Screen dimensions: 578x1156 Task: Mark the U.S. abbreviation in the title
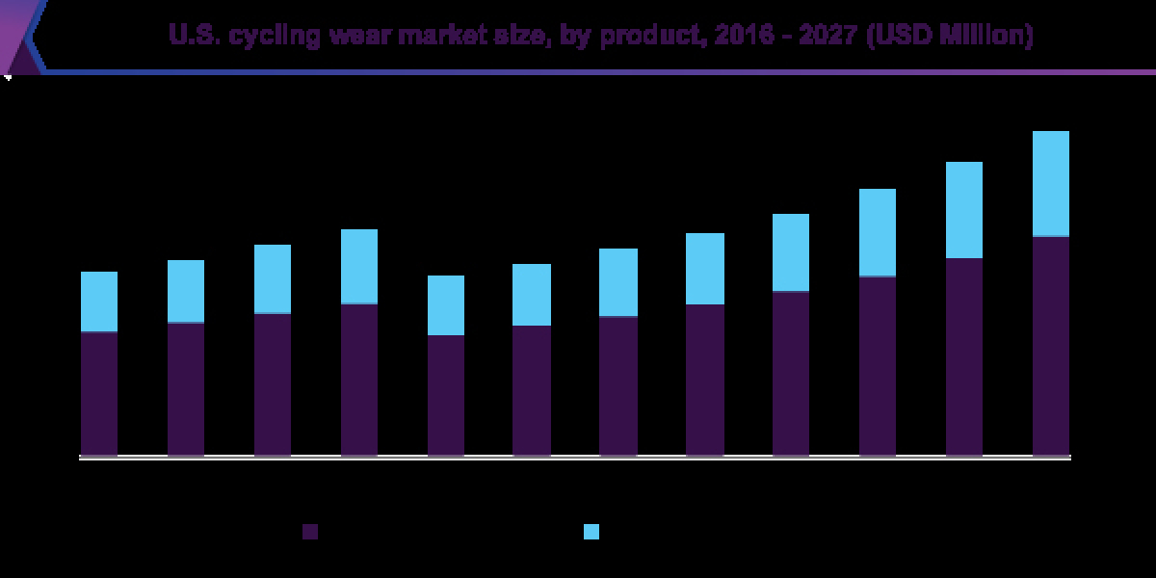point(190,38)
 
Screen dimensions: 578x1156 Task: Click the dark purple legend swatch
point(310,532)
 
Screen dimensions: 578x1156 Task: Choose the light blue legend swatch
point(591,532)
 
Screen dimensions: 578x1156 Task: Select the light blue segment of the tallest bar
point(1051,183)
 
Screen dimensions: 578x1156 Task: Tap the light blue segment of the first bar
point(99,302)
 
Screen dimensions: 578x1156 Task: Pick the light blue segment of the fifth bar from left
point(446,305)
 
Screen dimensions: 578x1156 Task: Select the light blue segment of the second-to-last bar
point(964,210)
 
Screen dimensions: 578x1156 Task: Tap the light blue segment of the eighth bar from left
point(704,269)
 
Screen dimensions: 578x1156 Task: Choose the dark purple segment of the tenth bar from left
point(878,365)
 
